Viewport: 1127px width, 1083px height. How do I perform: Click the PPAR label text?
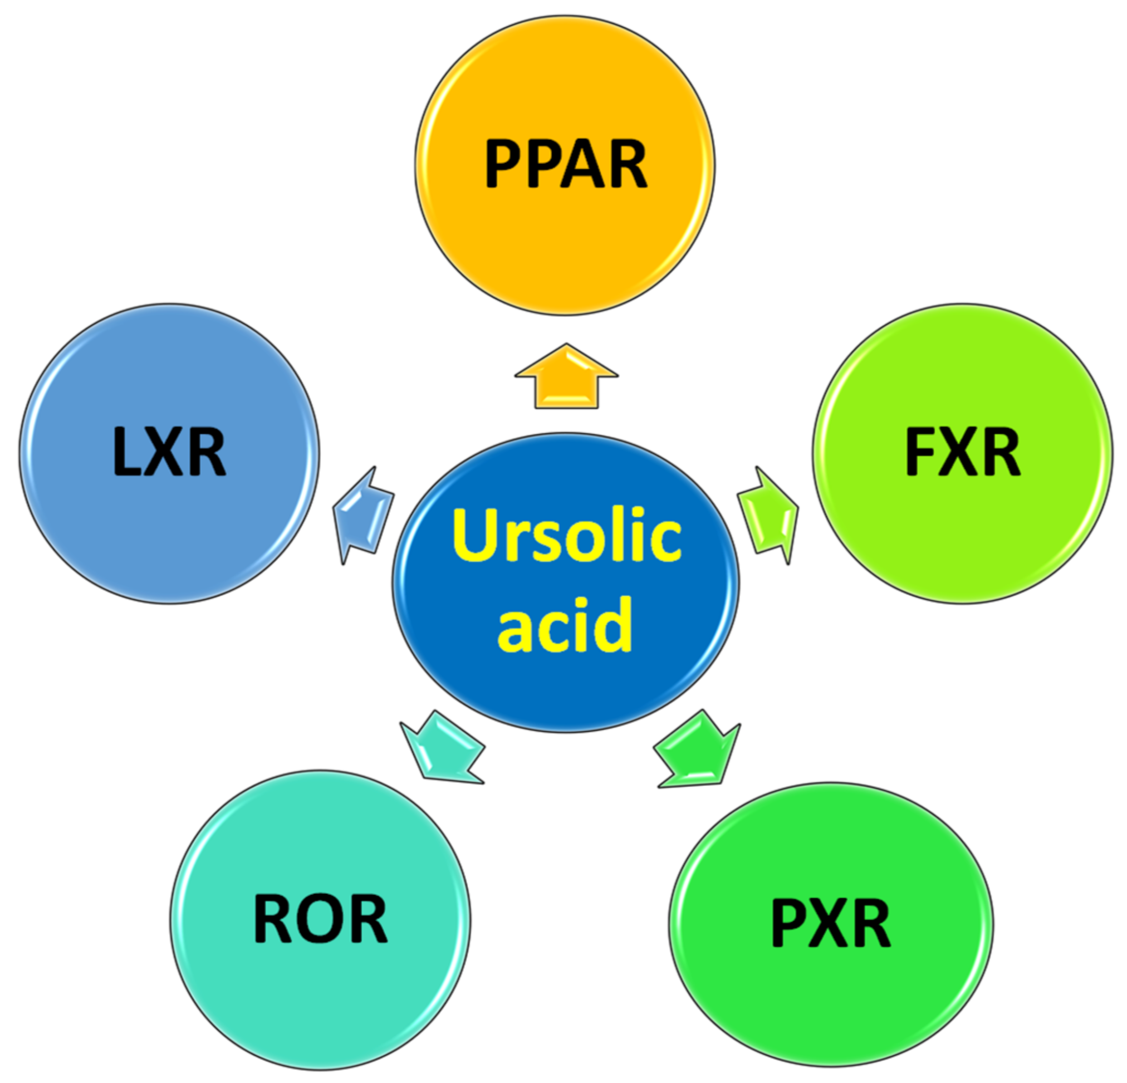click(x=566, y=164)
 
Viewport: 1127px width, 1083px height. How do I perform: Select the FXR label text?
click(x=963, y=452)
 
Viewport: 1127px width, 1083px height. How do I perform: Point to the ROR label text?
click(x=320, y=919)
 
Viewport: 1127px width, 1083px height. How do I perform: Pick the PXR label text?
click(x=831, y=924)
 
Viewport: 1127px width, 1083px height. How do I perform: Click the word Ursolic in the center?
click(x=566, y=536)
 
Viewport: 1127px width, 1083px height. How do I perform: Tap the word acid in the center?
click(x=565, y=625)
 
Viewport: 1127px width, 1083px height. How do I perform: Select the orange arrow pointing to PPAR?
click(x=566, y=381)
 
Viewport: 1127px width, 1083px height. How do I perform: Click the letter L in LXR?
click(x=126, y=452)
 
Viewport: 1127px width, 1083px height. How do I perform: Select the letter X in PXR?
click(x=831, y=924)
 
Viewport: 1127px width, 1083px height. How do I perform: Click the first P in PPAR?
click(x=504, y=164)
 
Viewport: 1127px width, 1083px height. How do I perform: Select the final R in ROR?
click(x=367, y=919)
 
